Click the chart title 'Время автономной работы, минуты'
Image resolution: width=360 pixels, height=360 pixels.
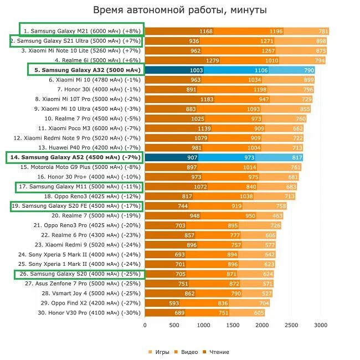pos(180,10)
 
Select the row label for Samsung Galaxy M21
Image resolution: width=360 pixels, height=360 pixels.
pos(82,30)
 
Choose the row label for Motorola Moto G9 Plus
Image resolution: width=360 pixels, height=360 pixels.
pos(81,167)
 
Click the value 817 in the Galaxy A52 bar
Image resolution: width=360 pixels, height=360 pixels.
pos(297,157)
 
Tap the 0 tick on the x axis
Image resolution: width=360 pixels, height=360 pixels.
pos(145,326)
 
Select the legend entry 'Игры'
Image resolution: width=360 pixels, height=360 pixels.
pos(159,352)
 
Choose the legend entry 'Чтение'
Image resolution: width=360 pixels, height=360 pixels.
pos(216,352)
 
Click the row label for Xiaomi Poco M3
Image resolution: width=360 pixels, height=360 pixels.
pos(90,128)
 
